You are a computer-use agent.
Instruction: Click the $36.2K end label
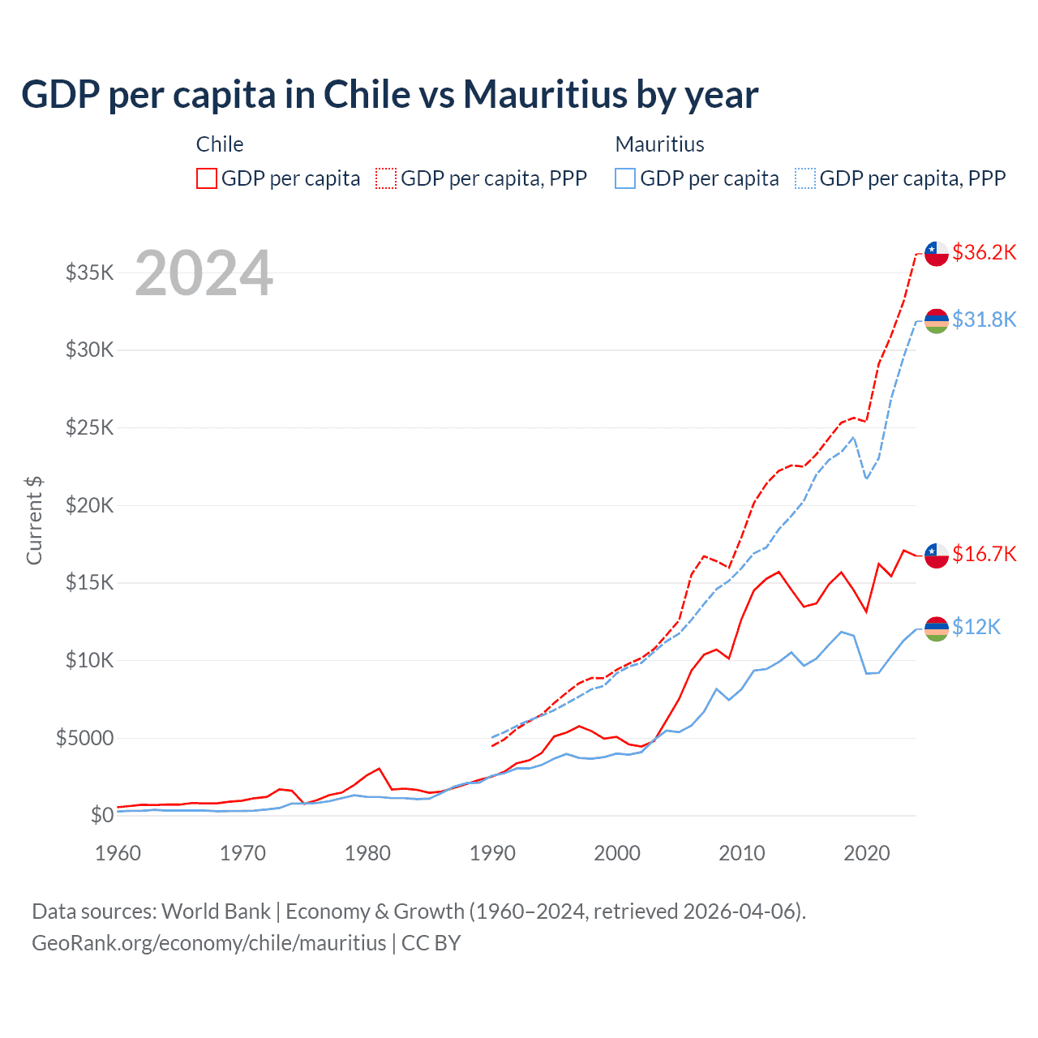coord(984,252)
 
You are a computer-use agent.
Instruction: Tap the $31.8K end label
coord(984,320)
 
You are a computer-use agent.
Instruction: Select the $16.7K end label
coord(984,554)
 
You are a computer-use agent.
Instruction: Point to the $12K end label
coord(976,627)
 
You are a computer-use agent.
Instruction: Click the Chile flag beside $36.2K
coord(937,254)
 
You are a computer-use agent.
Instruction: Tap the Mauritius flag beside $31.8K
coord(937,320)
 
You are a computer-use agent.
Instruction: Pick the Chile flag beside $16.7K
coord(937,555)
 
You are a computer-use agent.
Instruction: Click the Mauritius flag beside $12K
coord(937,628)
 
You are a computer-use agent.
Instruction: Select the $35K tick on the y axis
coord(90,272)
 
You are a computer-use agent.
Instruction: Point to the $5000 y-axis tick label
coord(84,738)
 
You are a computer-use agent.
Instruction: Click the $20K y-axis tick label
coord(90,505)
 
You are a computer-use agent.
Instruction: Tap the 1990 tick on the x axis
coord(492,853)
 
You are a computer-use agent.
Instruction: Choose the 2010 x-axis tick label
coord(742,853)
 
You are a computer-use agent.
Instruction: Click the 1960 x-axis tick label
coord(118,853)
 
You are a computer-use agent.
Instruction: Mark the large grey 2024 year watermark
coord(204,273)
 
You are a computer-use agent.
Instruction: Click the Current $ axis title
coord(34,520)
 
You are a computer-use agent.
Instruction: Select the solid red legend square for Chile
coord(207,178)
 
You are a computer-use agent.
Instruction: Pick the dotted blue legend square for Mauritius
coord(805,178)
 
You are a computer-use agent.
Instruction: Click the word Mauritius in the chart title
coord(546,94)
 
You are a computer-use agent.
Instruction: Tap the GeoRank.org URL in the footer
coord(209,943)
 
